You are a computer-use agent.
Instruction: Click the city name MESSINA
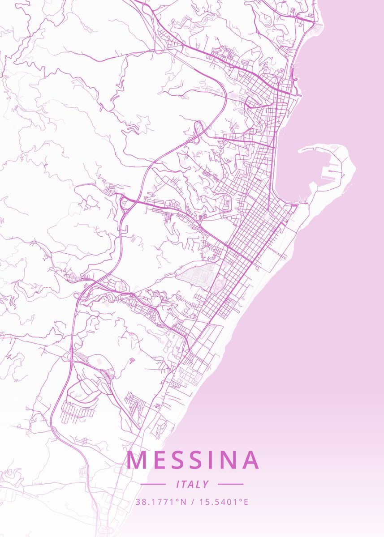pyautogui.click(x=193, y=460)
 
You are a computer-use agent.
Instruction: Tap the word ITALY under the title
pyautogui.click(x=193, y=484)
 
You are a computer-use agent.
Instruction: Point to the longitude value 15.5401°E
pyautogui.click(x=224, y=502)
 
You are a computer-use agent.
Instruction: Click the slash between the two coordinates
pyautogui.click(x=193, y=502)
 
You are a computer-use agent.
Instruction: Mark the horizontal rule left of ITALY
pyautogui.click(x=153, y=484)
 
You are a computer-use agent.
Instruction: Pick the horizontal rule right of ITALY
pyautogui.click(x=230, y=484)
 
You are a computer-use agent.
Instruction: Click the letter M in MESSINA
pyautogui.click(x=135, y=460)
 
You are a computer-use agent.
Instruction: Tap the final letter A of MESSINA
pyautogui.click(x=250, y=460)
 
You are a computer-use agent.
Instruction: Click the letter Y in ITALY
pyautogui.click(x=206, y=484)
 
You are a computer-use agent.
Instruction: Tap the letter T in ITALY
pyautogui.click(x=186, y=484)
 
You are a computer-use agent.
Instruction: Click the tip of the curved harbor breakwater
pyautogui.click(x=299, y=151)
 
